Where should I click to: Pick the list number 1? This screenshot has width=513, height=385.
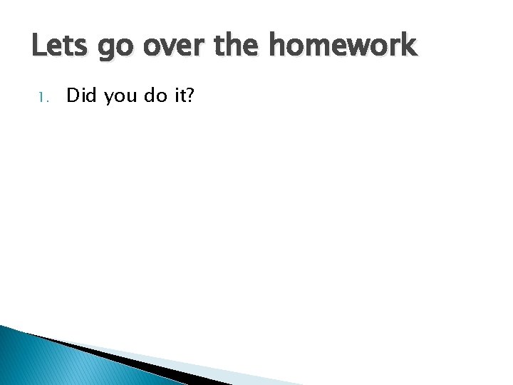tap(42, 97)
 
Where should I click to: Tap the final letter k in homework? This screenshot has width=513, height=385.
tap(407, 46)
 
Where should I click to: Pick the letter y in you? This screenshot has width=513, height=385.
tap(110, 98)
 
